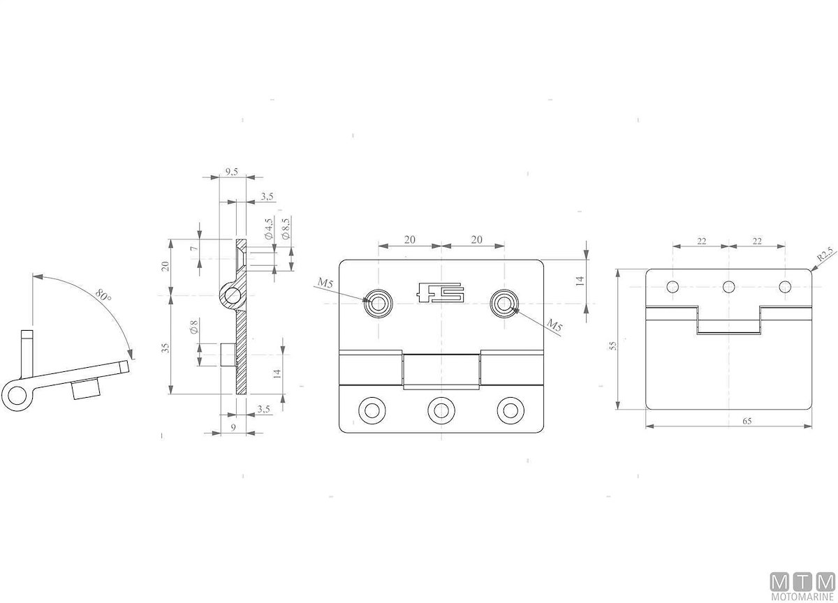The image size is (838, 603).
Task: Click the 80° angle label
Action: coord(103,295)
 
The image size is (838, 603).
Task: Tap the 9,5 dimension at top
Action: coord(232,172)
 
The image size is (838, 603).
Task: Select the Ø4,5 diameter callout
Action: coord(268,229)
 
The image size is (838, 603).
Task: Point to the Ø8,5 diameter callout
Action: coord(286,228)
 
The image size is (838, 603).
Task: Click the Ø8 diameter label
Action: coord(194,327)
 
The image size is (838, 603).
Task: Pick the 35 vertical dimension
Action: coord(166,348)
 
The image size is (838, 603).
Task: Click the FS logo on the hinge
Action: coord(441,292)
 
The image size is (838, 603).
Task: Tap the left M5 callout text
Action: coord(325,283)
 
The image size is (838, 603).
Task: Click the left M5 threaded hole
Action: coord(378,303)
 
